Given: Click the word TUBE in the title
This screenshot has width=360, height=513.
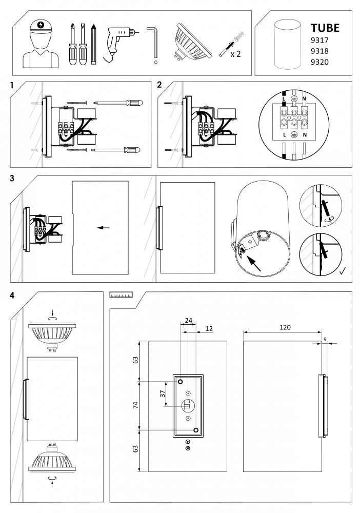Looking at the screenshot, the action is pyautogui.click(x=325, y=28).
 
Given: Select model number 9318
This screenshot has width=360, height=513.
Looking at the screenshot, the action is pyautogui.click(x=319, y=51).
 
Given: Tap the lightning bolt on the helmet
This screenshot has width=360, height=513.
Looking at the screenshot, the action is pyautogui.click(x=40, y=25).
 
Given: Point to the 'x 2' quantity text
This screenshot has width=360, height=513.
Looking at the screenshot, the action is pyautogui.click(x=235, y=54).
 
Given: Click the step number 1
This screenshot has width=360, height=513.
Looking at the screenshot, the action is pyautogui.click(x=12, y=85).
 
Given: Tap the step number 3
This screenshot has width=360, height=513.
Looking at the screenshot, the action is pyautogui.click(x=12, y=179).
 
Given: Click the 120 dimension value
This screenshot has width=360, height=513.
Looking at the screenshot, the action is pyautogui.click(x=285, y=327).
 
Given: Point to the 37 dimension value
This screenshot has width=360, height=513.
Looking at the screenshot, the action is pyautogui.click(x=163, y=394).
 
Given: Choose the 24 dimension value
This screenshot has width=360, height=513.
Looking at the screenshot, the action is pyautogui.click(x=189, y=321).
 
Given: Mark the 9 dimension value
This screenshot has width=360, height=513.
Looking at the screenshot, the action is pyautogui.click(x=325, y=340).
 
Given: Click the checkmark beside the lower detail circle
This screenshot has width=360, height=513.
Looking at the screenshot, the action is pyautogui.click(x=343, y=271).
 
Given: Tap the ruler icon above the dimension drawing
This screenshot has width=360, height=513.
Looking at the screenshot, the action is pyautogui.click(x=121, y=294).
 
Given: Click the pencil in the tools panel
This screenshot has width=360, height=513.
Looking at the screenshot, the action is pyautogui.click(x=94, y=44).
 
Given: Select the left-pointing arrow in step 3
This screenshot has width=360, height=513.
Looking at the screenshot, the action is pyautogui.click(x=103, y=228).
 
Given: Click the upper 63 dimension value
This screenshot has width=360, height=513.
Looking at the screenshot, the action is pyautogui.click(x=135, y=360).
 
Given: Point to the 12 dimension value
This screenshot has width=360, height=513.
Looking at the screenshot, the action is pyautogui.click(x=209, y=328).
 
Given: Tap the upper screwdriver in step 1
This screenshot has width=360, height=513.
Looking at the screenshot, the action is pyautogui.click(x=118, y=103).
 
